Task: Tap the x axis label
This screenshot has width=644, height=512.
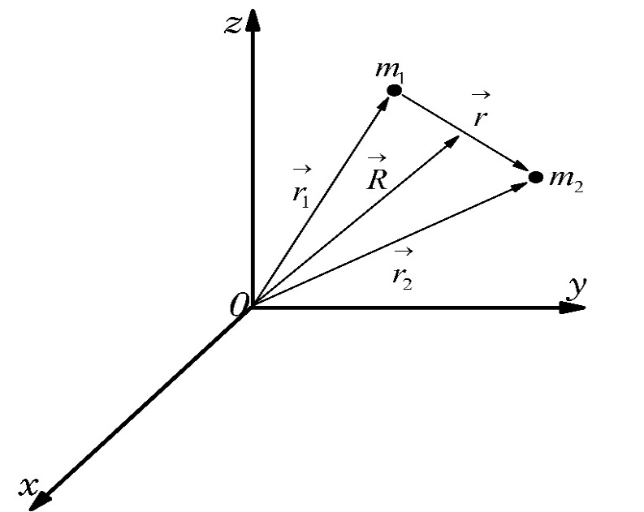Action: click(x=30, y=485)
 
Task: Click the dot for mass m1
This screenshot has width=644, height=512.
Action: click(x=394, y=90)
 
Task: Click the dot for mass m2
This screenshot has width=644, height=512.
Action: click(x=535, y=177)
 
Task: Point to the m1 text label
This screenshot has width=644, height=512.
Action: click(x=387, y=68)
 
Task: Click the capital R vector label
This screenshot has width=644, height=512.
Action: click(x=376, y=180)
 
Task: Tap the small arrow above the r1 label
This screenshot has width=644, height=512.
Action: click(x=300, y=170)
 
